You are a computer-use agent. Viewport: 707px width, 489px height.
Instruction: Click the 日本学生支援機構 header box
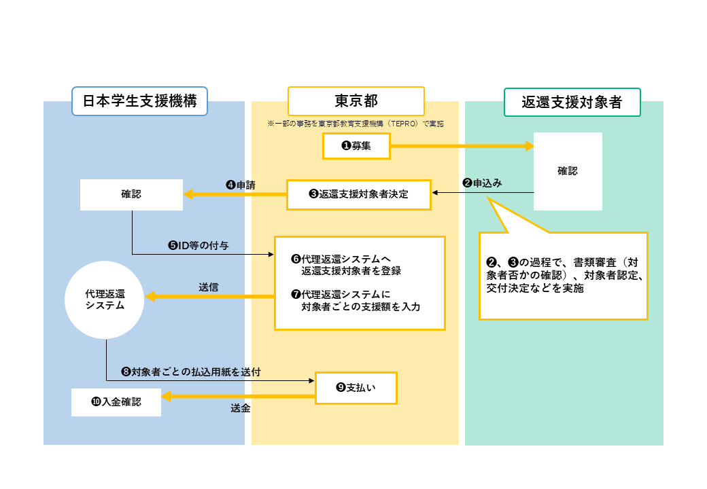coord(139,102)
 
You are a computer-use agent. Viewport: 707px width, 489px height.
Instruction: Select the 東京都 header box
coord(356,101)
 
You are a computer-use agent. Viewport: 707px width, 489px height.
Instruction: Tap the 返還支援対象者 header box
coord(572,103)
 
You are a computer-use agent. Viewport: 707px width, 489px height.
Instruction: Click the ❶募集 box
coord(356,145)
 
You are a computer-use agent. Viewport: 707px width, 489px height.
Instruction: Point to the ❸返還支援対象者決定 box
coord(358,194)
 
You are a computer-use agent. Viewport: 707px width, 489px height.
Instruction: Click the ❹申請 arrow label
coord(240,184)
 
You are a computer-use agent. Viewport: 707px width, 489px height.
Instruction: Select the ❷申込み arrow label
coord(482,183)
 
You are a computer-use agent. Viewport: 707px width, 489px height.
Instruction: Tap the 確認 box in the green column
coord(568,171)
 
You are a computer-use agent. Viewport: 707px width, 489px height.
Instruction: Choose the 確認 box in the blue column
coord(131,194)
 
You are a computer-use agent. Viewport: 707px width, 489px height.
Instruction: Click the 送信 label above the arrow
coord(209,287)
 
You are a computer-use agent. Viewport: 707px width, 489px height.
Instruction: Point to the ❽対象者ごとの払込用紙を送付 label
coord(190,372)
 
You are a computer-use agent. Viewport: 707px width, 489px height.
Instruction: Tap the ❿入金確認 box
coord(116,402)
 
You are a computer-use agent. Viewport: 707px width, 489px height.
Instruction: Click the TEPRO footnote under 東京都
coord(356,124)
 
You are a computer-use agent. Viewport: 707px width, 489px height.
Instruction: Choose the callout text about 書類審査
coord(563,275)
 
